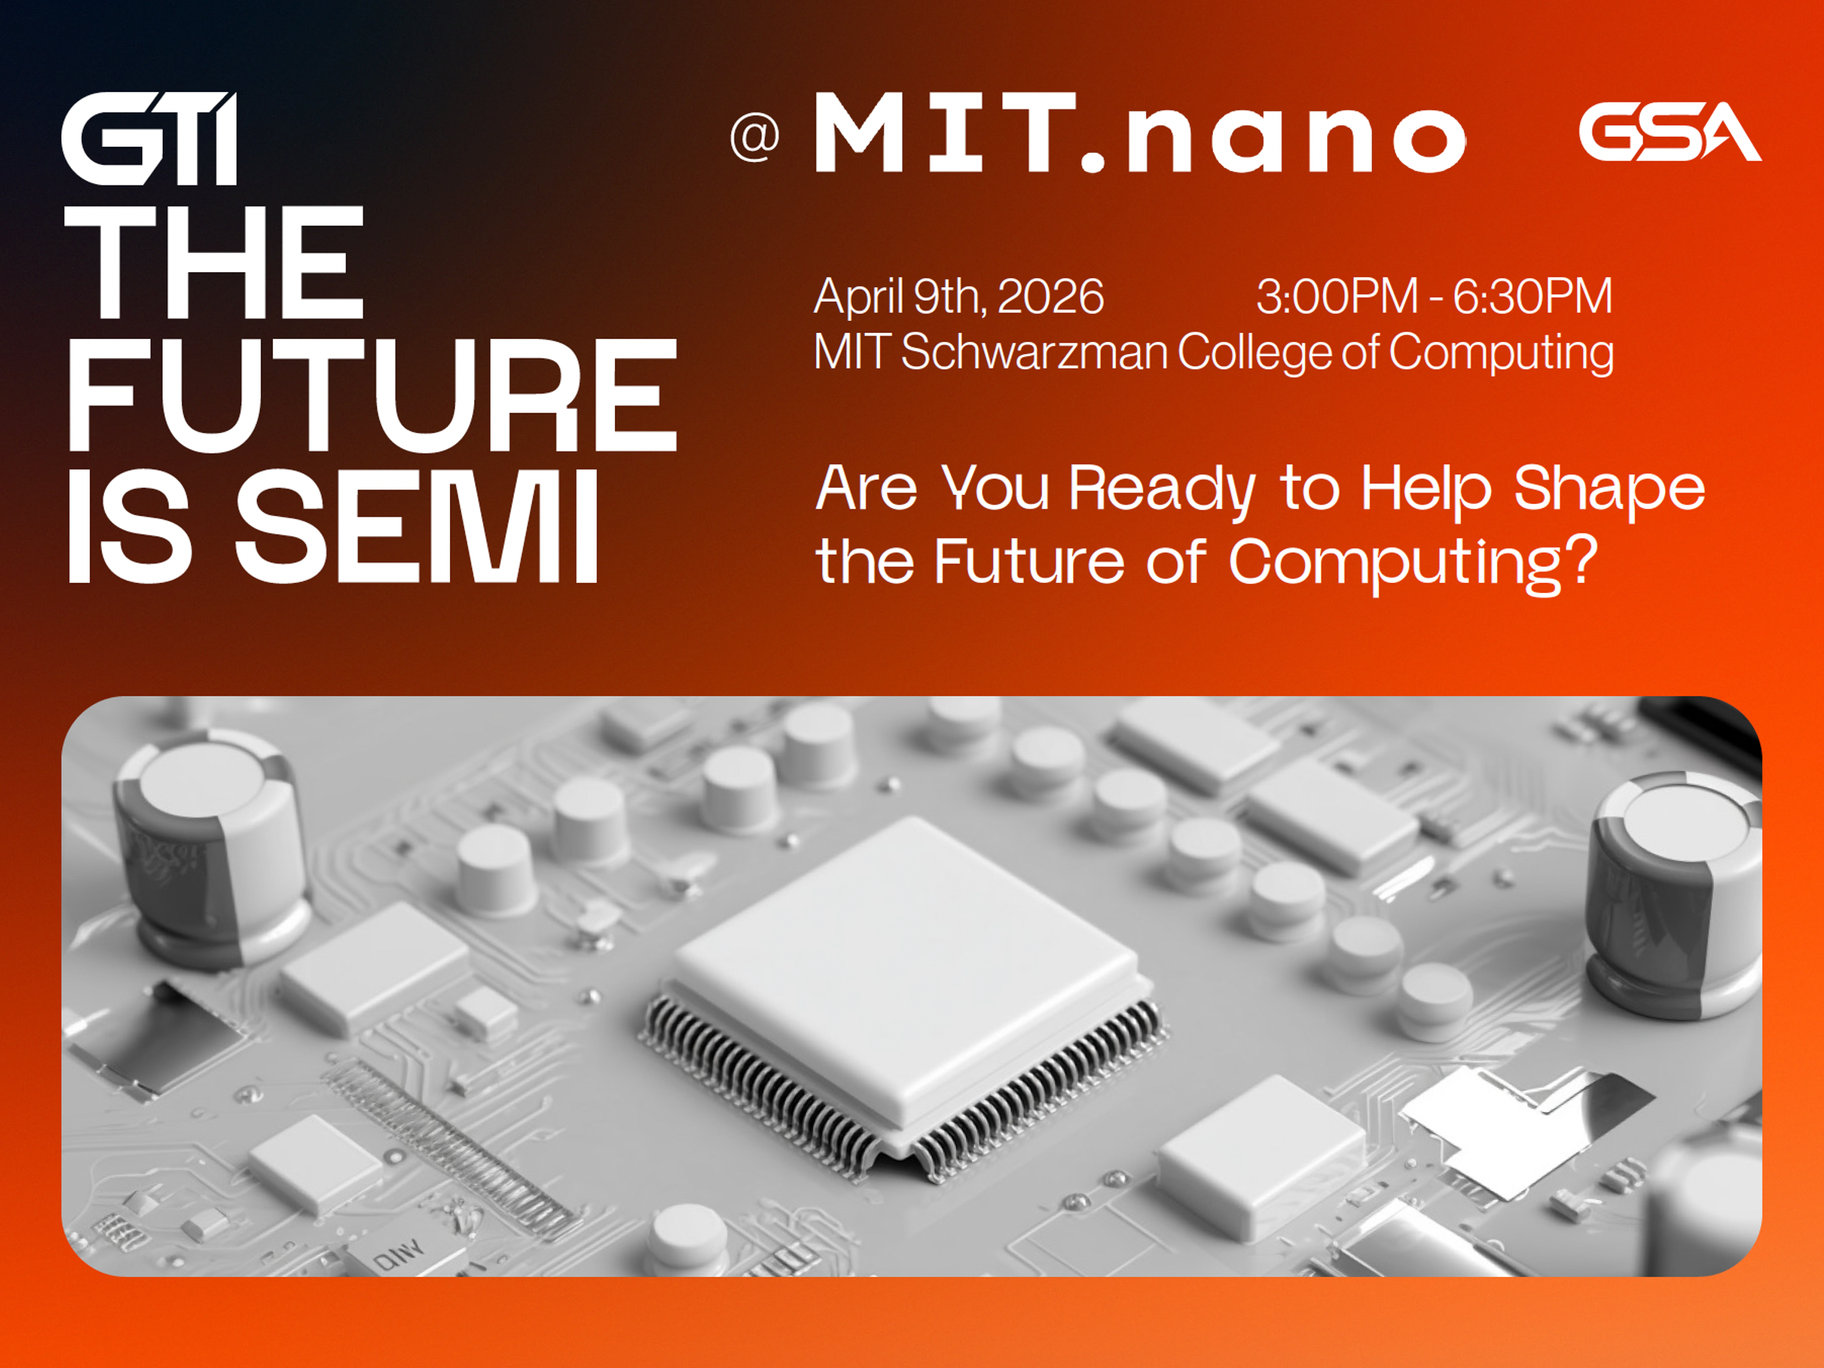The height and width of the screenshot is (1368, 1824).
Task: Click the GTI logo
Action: click(x=150, y=138)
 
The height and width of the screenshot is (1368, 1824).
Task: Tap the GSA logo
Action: click(x=1670, y=132)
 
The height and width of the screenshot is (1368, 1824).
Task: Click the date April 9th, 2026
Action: click(x=959, y=296)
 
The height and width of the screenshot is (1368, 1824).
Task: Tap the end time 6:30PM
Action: click(x=1532, y=296)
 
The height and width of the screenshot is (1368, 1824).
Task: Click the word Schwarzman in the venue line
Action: click(x=1034, y=352)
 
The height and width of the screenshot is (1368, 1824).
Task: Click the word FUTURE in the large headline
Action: click(x=372, y=395)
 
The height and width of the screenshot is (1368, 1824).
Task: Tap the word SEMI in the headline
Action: click(x=417, y=527)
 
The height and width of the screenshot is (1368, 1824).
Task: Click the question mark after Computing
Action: click(x=1580, y=560)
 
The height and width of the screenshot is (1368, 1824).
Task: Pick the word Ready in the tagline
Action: click(x=1163, y=489)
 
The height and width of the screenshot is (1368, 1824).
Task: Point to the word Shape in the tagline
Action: click(x=1609, y=489)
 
